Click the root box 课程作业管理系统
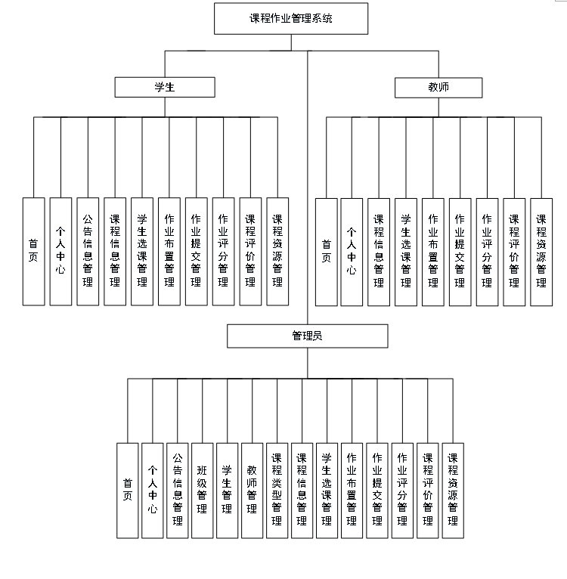point(291,19)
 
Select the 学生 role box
point(165,88)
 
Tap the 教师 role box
point(438,88)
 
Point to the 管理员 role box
point(307,336)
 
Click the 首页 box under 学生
point(34,251)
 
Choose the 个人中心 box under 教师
point(352,251)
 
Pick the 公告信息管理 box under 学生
point(88,251)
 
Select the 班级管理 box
point(202,490)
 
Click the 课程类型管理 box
point(277,490)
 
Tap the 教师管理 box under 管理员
point(252,490)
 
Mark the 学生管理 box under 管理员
point(227,490)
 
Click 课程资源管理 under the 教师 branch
point(541,251)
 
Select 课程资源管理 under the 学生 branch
point(277,251)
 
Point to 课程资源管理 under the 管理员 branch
point(452,490)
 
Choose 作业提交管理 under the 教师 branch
point(460,251)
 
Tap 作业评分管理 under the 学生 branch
point(223,251)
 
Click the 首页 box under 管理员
point(128,490)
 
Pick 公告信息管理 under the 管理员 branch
point(177,490)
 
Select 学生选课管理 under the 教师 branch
point(406,251)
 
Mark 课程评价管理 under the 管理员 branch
point(427,490)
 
